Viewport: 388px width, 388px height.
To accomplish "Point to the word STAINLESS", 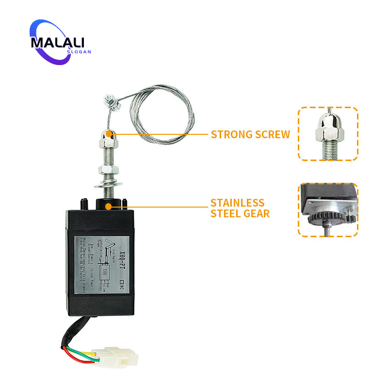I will [x=238, y=203].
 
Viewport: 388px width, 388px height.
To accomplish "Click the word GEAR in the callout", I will [x=256, y=213].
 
